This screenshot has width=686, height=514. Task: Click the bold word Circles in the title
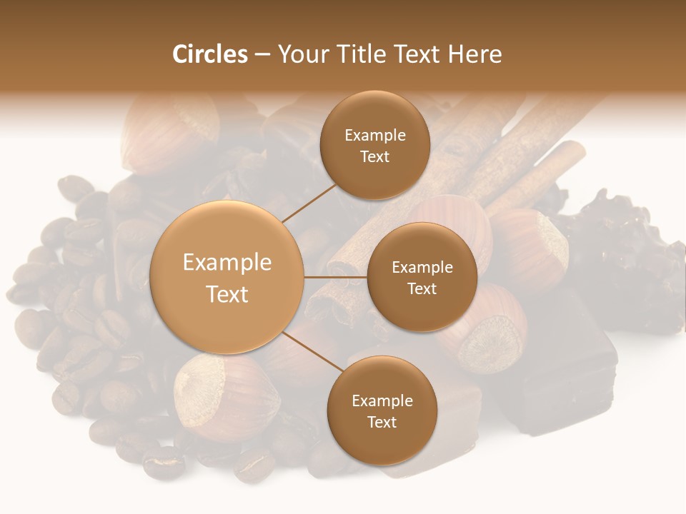click(x=209, y=54)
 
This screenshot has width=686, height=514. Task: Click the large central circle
click(x=227, y=278)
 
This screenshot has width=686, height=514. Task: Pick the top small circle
click(x=374, y=146)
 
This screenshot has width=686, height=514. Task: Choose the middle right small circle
click(x=422, y=277)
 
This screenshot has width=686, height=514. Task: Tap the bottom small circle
click(x=382, y=410)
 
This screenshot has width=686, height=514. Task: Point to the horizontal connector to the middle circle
click(x=335, y=277)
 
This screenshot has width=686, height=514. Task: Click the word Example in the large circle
click(x=227, y=263)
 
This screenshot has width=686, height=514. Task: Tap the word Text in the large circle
click(x=227, y=294)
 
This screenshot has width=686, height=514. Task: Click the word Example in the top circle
click(x=374, y=136)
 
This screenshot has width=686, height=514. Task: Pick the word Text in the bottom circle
click(x=382, y=422)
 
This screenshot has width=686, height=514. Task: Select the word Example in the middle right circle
click(x=422, y=268)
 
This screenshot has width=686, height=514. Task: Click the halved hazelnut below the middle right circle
click(x=486, y=336)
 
